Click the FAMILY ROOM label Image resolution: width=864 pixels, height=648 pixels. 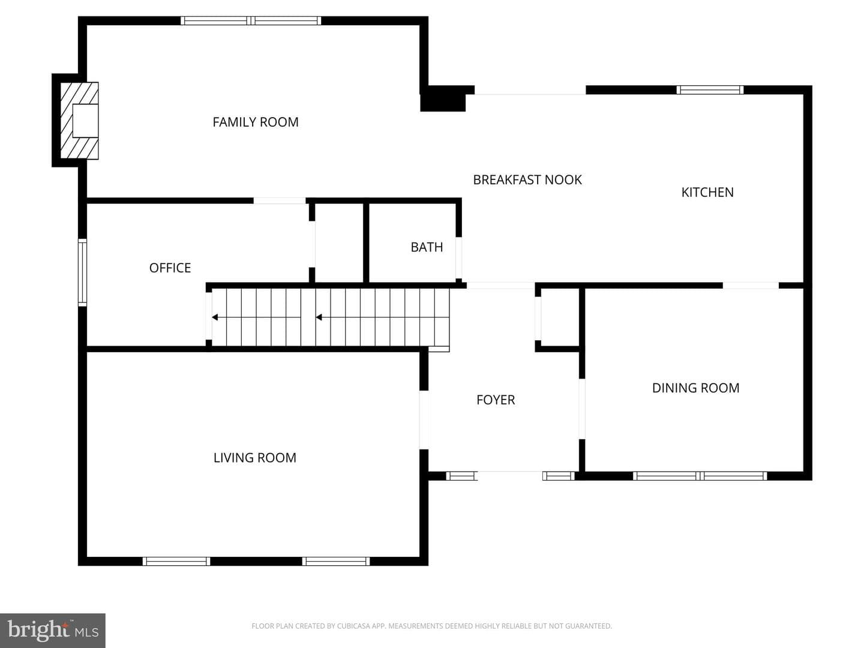pyautogui.click(x=256, y=122)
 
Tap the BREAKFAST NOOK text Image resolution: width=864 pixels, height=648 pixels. pyautogui.click(x=527, y=180)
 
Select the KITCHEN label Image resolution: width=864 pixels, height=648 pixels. pyautogui.click(x=707, y=193)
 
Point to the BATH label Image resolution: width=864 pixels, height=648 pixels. pyautogui.click(x=427, y=247)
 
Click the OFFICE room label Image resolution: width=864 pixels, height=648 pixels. pyautogui.click(x=170, y=268)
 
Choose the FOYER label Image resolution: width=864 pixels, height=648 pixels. pyautogui.click(x=496, y=400)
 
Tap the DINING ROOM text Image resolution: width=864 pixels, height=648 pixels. pyautogui.click(x=695, y=388)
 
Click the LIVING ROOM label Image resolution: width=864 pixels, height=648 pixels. pyautogui.click(x=254, y=458)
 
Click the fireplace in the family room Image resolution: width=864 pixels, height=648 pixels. pyautogui.click(x=79, y=121)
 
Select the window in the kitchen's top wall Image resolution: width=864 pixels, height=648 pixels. pyautogui.click(x=710, y=90)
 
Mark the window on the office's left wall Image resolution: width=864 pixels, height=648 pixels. pyautogui.click(x=82, y=272)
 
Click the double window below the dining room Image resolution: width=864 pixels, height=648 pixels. pyautogui.click(x=700, y=476)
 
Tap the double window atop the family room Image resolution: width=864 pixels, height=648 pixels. pyautogui.click(x=251, y=20)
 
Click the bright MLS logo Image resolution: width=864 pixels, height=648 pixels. pyautogui.click(x=53, y=630)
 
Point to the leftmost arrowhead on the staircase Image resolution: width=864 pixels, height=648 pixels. pyautogui.click(x=215, y=317)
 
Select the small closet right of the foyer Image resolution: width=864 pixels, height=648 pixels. pyautogui.click(x=560, y=317)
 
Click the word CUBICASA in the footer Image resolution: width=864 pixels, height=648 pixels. pyautogui.click(x=353, y=626)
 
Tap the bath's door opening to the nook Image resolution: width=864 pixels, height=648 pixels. pyautogui.click(x=458, y=258)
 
